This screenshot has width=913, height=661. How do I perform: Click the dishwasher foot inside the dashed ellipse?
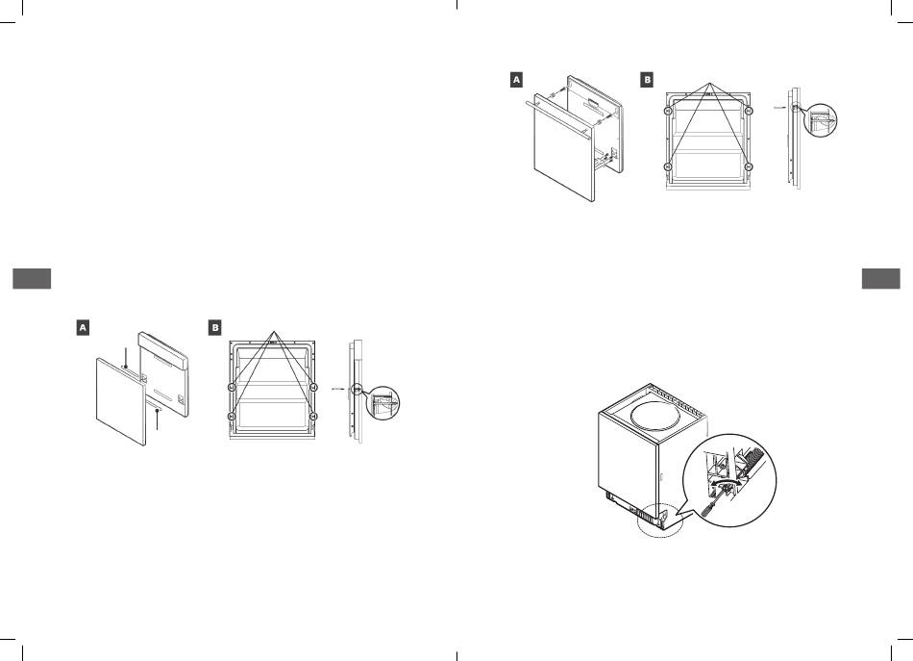pyautogui.click(x=664, y=519)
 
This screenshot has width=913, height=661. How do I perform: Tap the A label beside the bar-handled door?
pyautogui.click(x=516, y=79)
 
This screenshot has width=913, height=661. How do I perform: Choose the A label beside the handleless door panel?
pyautogui.click(x=84, y=327)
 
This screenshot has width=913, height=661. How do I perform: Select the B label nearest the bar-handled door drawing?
pyautogui.click(x=647, y=79)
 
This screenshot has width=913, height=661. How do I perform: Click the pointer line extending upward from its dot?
pyautogui.click(x=126, y=357)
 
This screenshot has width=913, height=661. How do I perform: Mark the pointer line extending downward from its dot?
pyautogui.click(x=158, y=419)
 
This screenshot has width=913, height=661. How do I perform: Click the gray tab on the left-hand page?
pyautogui.click(x=32, y=279)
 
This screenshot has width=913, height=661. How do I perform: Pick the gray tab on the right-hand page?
pyautogui.click(x=881, y=279)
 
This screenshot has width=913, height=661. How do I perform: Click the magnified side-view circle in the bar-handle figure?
pyautogui.click(x=821, y=120)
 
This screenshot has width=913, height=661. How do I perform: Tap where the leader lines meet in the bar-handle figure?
pyautogui.click(x=709, y=84)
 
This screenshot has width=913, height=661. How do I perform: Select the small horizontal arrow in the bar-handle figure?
pyautogui.click(x=779, y=108)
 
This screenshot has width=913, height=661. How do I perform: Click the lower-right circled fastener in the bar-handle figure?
pyautogui.click(x=750, y=166)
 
